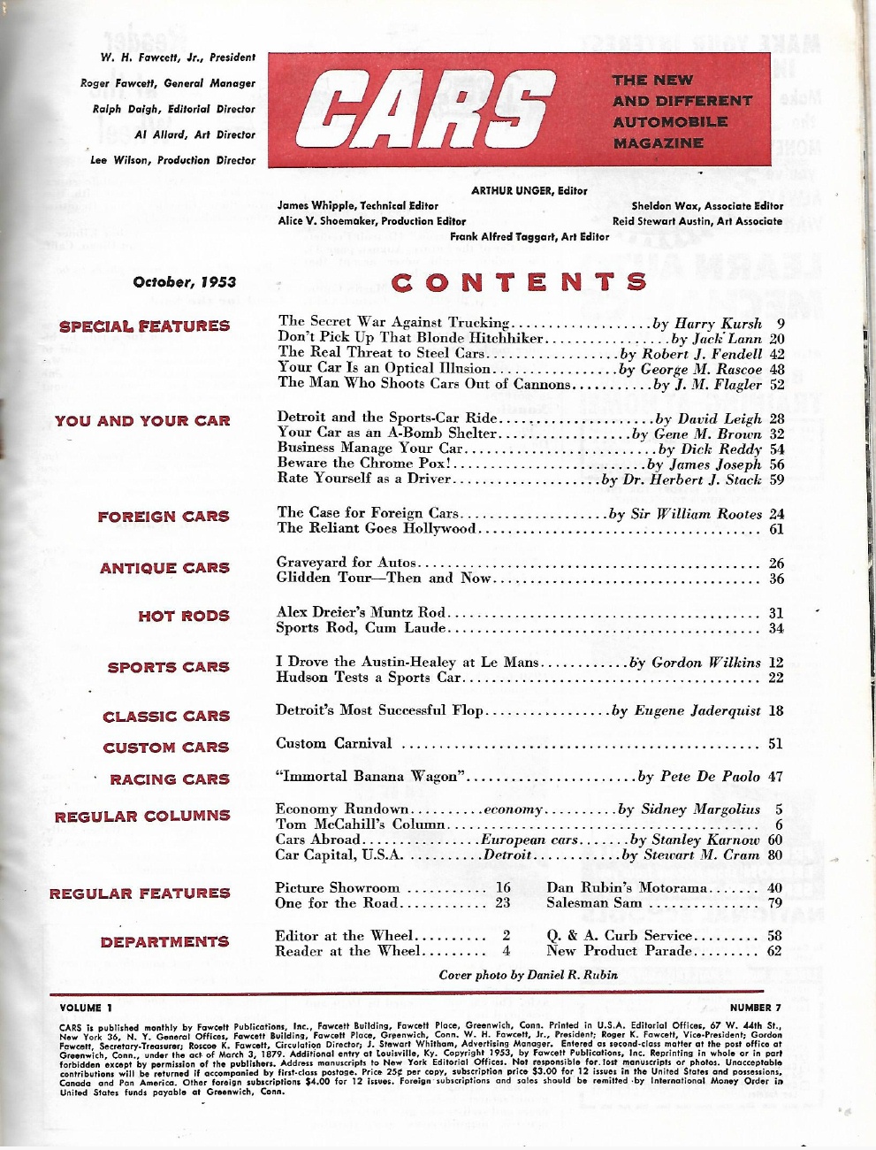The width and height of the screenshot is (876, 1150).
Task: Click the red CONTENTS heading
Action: click(519, 282)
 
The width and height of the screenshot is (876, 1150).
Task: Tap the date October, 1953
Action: click(184, 282)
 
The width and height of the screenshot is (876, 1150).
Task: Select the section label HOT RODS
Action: click(183, 616)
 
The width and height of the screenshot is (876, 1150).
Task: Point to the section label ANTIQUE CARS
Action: click(164, 568)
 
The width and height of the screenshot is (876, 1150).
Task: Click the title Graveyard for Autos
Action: click(346, 563)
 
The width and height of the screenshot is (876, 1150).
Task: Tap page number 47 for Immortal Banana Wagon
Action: click(775, 777)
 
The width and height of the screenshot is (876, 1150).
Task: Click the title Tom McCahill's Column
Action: click(360, 824)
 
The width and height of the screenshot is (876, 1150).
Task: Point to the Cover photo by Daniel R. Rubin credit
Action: click(528, 975)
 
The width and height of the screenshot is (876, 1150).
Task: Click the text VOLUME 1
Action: click(86, 1008)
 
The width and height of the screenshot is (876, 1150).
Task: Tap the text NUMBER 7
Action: click(756, 1008)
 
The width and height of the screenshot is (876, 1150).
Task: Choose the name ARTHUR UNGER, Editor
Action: click(529, 190)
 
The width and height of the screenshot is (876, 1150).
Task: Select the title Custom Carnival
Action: click(333, 744)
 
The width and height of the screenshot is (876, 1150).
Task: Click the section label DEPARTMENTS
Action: click(164, 942)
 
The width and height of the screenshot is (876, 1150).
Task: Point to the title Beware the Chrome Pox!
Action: click(364, 464)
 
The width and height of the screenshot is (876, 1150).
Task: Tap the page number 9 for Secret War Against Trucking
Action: click(781, 324)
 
